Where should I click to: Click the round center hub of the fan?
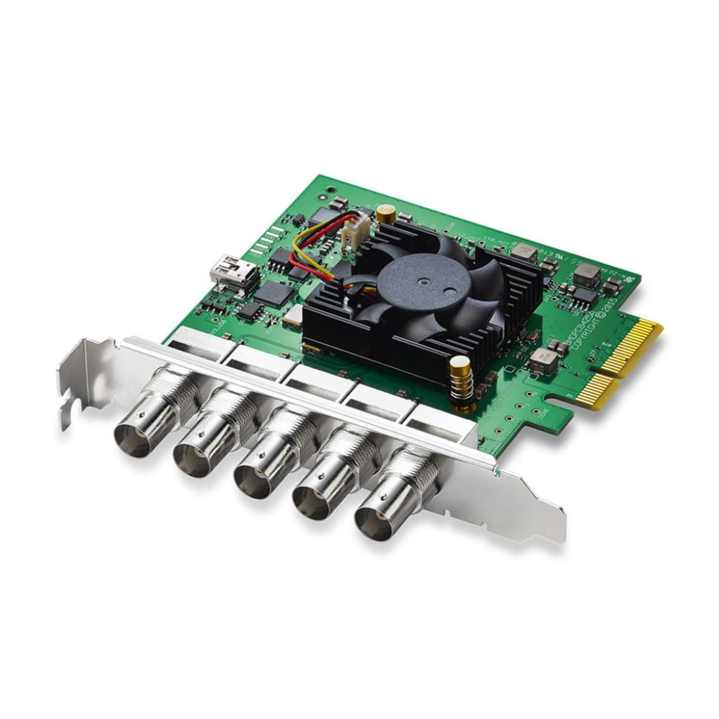point(423,283)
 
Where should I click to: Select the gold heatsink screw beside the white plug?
point(384,214)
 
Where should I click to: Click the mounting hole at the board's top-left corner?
point(330,189)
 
